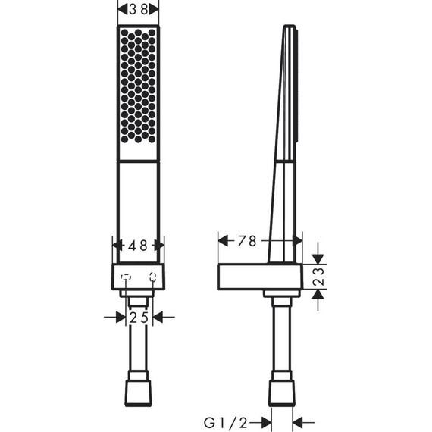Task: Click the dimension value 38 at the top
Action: pyautogui.click(x=139, y=10)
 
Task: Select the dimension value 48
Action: pyautogui.click(x=138, y=246)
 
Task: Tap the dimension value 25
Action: pyautogui.click(x=138, y=317)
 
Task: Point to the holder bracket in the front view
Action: pyautogui.click(x=138, y=280)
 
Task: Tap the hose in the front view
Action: pyautogui.click(x=138, y=341)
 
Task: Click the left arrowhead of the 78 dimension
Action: pyautogui.click(x=223, y=241)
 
